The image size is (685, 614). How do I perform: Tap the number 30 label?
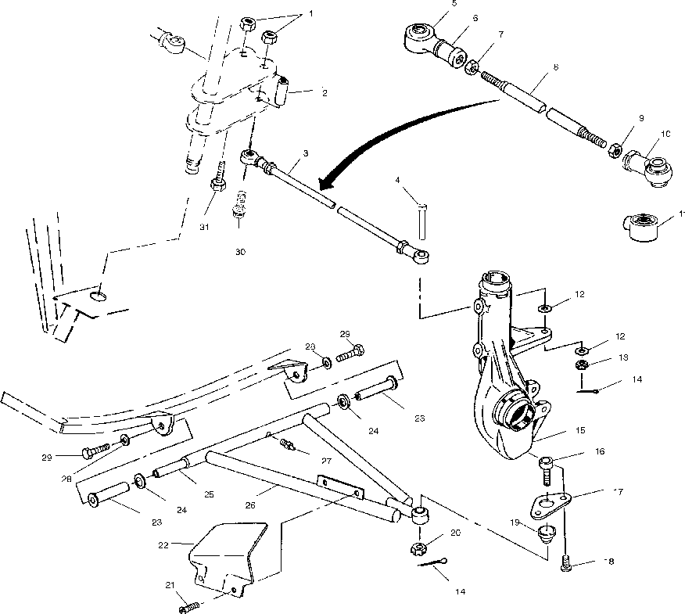click(x=240, y=252)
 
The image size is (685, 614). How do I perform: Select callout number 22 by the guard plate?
click(x=163, y=543)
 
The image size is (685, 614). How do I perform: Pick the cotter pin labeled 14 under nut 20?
click(x=432, y=566)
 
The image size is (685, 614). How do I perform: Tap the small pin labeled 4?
click(x=422, y=221)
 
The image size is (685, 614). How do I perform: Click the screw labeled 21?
click(x=191, y=605)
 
